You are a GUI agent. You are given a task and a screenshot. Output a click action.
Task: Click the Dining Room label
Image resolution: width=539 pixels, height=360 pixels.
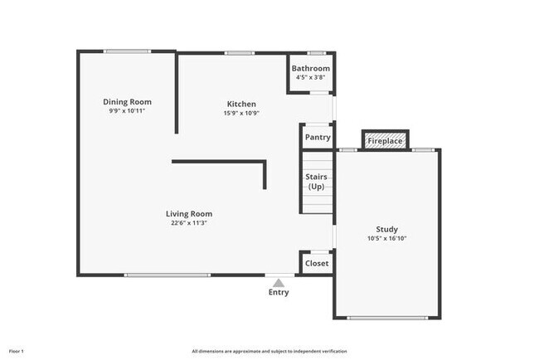(x=127, y=102)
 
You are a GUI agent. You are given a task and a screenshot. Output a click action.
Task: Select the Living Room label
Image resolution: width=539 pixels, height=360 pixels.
(x=189, y=213)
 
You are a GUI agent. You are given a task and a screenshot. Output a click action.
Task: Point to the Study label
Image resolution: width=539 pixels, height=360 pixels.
(x=386, y=230)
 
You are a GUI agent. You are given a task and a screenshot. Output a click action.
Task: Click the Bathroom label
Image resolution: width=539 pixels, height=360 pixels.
(x=310, y=68)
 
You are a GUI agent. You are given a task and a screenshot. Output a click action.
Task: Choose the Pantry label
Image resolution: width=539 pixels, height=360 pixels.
(x=318, y=138)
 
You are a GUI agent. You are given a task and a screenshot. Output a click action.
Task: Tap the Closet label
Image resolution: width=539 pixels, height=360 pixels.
(x=317, y=264)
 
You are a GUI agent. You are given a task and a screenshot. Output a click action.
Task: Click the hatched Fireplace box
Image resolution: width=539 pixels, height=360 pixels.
(x=386, y=141)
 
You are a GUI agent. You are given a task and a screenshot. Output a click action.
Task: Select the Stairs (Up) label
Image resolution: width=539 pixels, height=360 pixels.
(x=317, y=182)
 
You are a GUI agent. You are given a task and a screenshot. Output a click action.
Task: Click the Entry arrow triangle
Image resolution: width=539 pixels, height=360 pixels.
(x=279, y=283)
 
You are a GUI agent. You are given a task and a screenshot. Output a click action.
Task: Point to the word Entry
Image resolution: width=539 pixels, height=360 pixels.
(x=279, y=292)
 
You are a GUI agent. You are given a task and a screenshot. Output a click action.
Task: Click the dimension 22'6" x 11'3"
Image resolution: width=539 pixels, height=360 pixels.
(x=189, y=223)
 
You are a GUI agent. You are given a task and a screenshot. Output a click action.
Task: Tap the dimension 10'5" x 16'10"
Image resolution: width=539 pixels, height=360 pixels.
(x=386, y=239)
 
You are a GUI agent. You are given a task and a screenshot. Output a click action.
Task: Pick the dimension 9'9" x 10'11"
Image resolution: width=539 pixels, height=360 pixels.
(x=127, y=111)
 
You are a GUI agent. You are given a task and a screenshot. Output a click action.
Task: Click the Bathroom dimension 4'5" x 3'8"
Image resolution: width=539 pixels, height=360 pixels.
(x=310, y=77)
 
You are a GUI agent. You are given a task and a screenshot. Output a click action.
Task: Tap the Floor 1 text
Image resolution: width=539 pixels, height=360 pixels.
(x=17, y=352)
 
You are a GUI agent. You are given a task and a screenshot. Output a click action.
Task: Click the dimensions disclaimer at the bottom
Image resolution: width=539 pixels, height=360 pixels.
(x=269, y=352)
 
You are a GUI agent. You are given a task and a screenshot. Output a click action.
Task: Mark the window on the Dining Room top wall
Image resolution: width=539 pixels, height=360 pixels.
(x=127, y=52)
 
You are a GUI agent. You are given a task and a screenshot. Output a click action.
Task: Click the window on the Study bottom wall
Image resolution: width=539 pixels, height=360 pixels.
(x=386, y=318)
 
